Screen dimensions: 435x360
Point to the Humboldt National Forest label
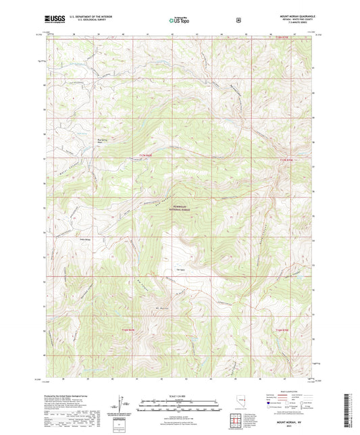[x=180, y=209]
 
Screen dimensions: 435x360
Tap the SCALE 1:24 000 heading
[x=179, y=395]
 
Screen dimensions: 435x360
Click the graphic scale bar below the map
[x=179, y=406]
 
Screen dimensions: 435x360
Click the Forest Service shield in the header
[x=238, y=20]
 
